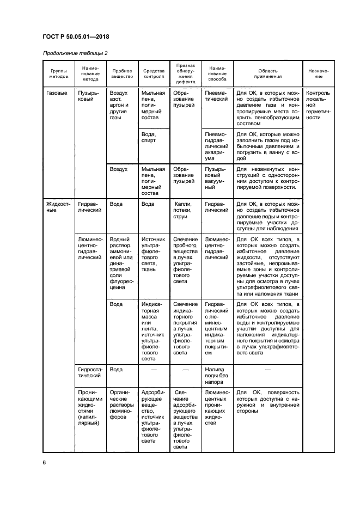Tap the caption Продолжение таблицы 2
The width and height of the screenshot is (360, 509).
74,53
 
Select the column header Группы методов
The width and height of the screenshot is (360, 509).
59,73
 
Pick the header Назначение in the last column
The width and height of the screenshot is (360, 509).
318,73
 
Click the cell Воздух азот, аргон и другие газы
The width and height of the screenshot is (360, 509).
120,105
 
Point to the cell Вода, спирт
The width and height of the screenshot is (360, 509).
149,137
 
